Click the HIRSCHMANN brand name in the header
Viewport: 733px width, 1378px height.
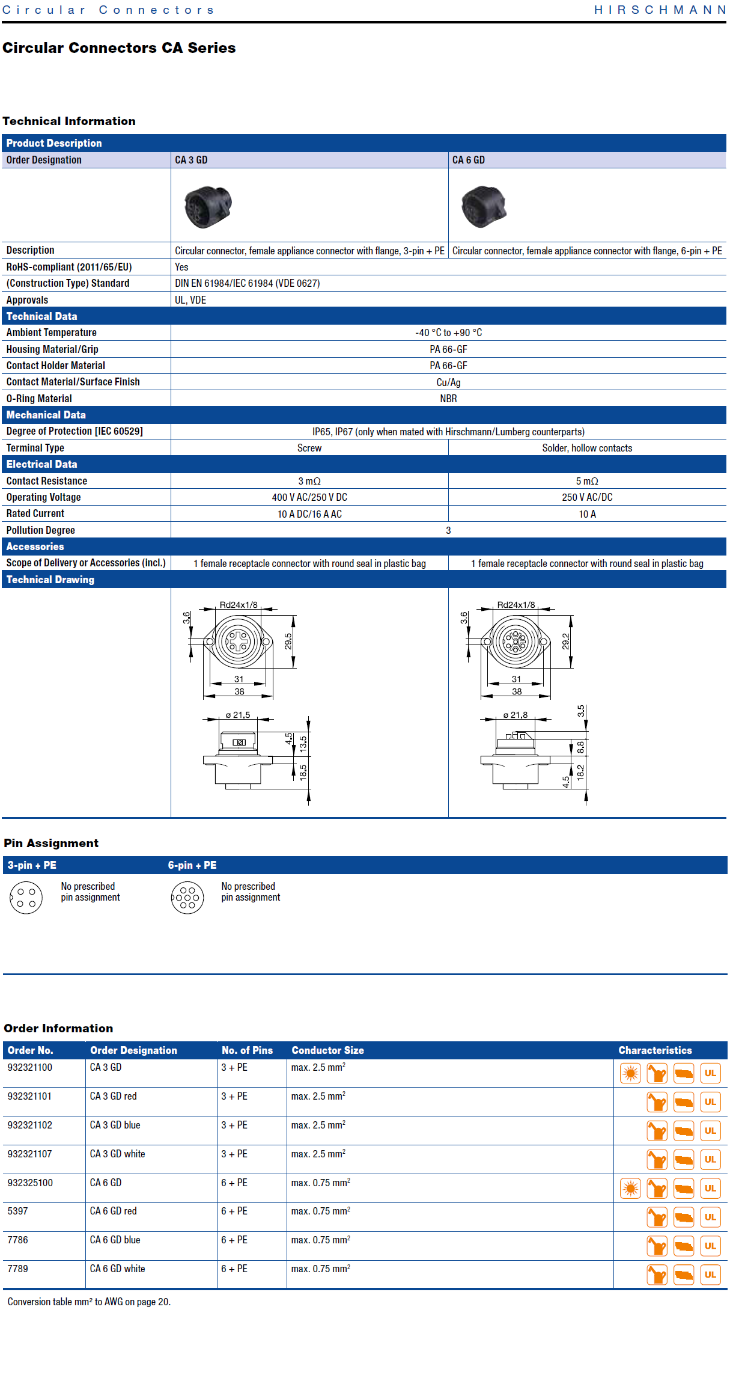(x=660, y=10)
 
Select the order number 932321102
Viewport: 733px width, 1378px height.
(x=30, y=1125)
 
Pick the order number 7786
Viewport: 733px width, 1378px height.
(x=18, y=1240)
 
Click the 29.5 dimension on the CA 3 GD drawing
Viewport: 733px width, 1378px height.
(x=288, y=642)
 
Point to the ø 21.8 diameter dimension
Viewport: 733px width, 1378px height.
(x=516, y=715)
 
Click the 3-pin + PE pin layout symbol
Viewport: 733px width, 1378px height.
(x=26, y=898)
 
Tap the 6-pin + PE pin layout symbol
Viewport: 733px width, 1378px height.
(x=187, y=898)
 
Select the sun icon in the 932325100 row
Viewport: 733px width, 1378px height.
(x=630, y=1188)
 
